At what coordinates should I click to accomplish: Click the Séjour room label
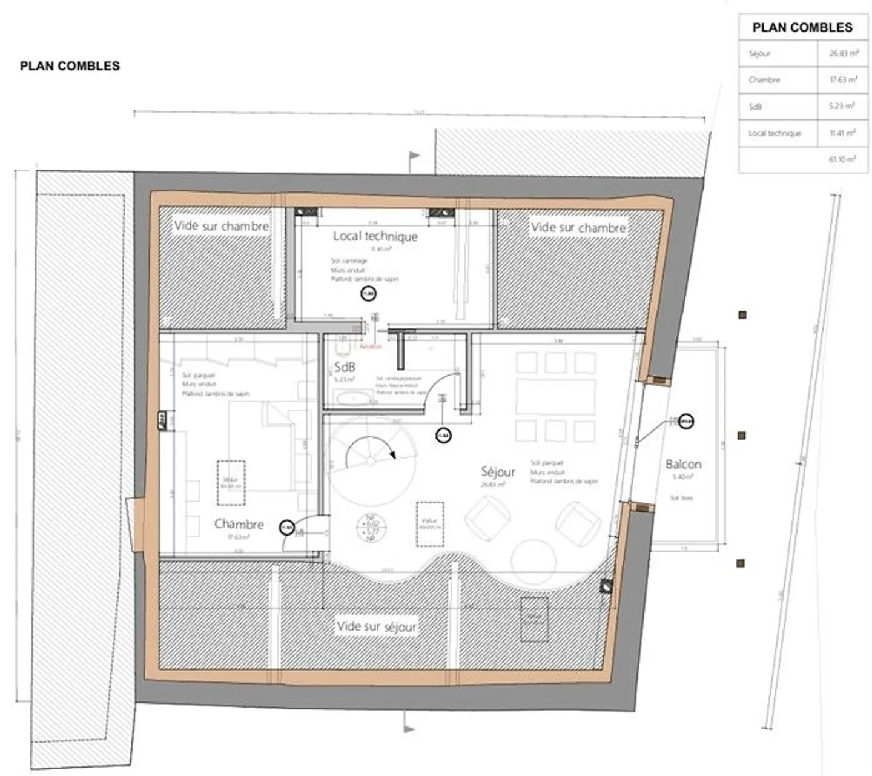pyautogui.click(x=498, y=471)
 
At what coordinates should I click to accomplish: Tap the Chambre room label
pyautogui.click(x=239, y=524)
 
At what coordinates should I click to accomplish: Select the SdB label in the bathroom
pyautogui.click(x=345, y=367)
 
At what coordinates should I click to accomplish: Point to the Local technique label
pyautogui.click(x=375, y=236)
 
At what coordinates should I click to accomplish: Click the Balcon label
pyautogui.click(x=683, y=464)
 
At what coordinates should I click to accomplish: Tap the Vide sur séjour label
pyautogui.click(x=377, y=626)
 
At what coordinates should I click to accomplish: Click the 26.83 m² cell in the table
pyautogui.click(x=844, y=53)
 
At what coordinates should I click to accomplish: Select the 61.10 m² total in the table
pyautogui.click(x=842, y=159)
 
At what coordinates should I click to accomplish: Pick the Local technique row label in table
pyautogui.click(x=775, y=133)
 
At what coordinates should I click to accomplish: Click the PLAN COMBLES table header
pyautogui.click(x=802, y=27)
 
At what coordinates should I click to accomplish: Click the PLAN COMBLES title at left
pyautogui.click(x=70, y=66)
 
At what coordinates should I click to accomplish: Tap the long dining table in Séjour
pyautogui.click(x=555, y=397)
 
